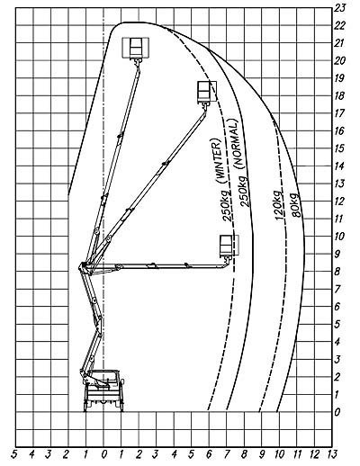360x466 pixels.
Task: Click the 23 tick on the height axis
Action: point(340,8)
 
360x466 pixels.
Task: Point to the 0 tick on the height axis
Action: point(337,412)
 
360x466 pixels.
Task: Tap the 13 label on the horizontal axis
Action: point(332,454)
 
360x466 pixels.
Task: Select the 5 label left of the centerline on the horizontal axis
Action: point(14,454)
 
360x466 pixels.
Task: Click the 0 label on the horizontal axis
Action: point(103,454)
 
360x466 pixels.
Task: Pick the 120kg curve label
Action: point(279,205)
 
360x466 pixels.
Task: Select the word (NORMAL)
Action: point(236,143)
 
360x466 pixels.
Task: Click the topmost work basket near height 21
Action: point(136,48)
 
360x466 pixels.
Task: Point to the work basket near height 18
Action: point(206,92)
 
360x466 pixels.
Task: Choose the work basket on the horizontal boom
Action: point(229,246)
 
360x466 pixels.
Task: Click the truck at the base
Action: point(103,390)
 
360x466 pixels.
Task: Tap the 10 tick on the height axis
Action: point(339,237)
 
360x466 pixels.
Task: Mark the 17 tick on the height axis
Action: point(339,113)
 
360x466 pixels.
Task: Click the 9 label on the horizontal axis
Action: point(262,454)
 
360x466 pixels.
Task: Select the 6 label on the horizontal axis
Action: point(209,454)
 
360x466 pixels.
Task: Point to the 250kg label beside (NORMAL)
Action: point(244,191)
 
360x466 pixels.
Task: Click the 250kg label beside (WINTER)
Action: point(227,205)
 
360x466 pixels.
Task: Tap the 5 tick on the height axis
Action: point(337,324)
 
